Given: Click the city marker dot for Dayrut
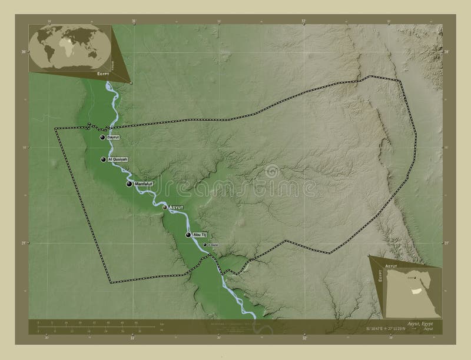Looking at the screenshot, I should (x=103, y=138).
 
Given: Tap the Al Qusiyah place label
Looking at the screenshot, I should (x=117, y=159).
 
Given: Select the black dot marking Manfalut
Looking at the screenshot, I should (x=129, y=184).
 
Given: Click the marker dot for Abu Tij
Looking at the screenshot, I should (x=188, y=235).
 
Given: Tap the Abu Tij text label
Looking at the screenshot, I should (x=200, y=235).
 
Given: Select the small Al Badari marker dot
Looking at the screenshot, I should (x=205, y=245).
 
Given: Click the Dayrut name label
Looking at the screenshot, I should (x=113, y=137).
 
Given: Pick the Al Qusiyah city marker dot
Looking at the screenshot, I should (x=104, y=159).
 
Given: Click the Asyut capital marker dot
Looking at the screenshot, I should (x=165, y=207).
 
